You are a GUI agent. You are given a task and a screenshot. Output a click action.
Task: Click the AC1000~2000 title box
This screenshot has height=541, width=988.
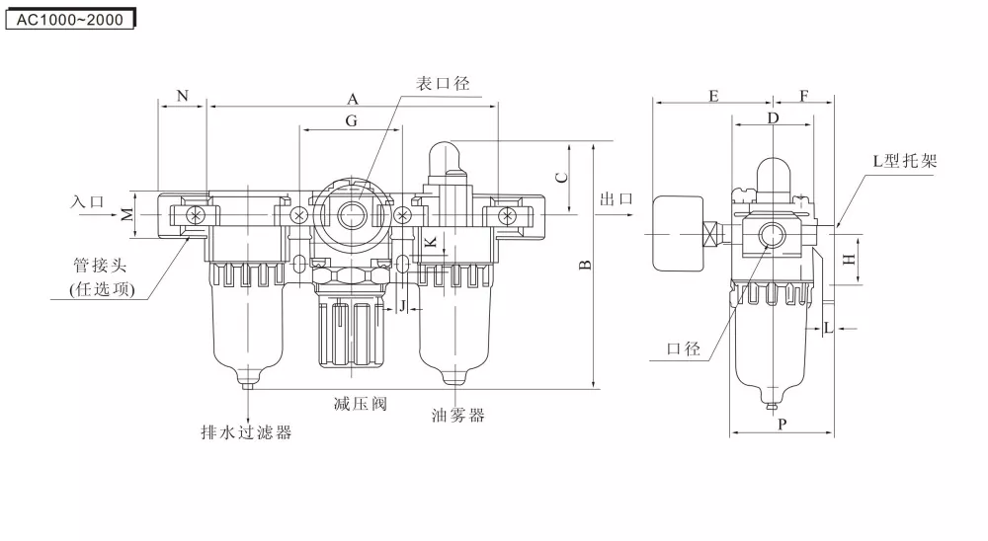[x=70, y=19]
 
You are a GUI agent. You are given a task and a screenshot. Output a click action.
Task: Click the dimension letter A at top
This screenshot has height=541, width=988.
[x=352, y=98]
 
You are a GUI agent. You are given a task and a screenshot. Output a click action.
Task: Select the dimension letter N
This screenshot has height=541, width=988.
[x=183, y=95]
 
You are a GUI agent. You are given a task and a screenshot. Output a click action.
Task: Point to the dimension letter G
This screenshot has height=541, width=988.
[x=352, y=120]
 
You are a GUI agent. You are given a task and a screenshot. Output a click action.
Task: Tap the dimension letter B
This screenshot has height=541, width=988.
[x=585, y=265]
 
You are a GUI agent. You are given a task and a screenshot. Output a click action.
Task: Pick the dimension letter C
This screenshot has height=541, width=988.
[x=561, y=178]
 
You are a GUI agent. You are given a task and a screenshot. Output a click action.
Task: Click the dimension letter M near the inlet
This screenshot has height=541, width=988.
[x=127, y=214]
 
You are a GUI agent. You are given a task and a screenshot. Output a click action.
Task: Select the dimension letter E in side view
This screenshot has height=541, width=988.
[x=713, y=95]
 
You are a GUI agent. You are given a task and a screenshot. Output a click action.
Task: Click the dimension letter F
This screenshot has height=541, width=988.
[x=804, y=95]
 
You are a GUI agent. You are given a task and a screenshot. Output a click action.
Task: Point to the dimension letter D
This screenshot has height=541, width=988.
[x=774, y=118]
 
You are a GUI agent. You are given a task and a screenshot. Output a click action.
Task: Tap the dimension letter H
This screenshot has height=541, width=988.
[x=848, y=260]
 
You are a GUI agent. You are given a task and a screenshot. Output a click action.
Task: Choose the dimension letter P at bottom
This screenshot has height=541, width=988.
[x=782, y=425]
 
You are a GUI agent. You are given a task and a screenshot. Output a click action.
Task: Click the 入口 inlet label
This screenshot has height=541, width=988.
[x=87, y=200]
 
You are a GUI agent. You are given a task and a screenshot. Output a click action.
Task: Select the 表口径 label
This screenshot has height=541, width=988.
[x=441, y=84]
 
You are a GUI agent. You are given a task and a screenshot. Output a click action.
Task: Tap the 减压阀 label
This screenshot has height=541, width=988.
[x=359, y=404]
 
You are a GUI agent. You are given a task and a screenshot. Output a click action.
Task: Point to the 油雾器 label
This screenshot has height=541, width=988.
[x=458, y=415]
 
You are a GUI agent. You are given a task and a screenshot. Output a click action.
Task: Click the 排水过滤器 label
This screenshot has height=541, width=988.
[x=246, y=431]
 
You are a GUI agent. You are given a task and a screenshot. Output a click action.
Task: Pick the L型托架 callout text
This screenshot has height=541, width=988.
[x=904, y=161]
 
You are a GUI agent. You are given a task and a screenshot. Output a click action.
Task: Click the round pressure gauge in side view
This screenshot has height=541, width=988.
[x=678, y=233]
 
